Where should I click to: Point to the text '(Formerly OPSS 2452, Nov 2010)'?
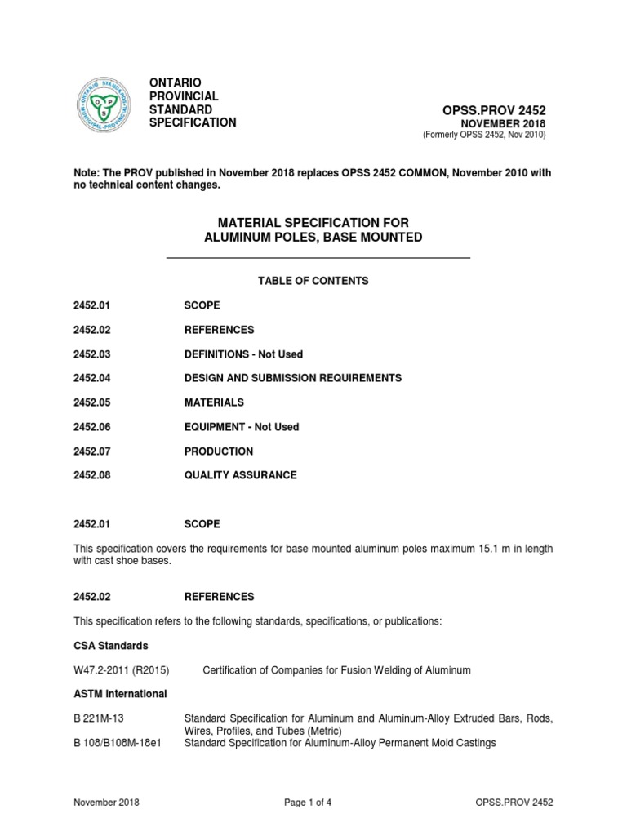[484, 134]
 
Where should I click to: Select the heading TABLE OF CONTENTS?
[313, 281]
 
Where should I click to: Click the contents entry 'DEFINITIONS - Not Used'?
[243, 354]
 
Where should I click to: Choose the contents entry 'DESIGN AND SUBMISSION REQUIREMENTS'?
[293, 378]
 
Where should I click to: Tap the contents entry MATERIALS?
[214, 402]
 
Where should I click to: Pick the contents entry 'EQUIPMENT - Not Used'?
[242, 427]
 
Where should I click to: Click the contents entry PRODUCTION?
[219, 451]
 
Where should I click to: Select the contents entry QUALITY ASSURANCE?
[241, 474]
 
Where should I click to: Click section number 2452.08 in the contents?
[91, 474]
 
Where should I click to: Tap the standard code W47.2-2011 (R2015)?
[120, 670]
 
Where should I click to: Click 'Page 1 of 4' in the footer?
[312, 803]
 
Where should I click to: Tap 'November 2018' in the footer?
[106, 803]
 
